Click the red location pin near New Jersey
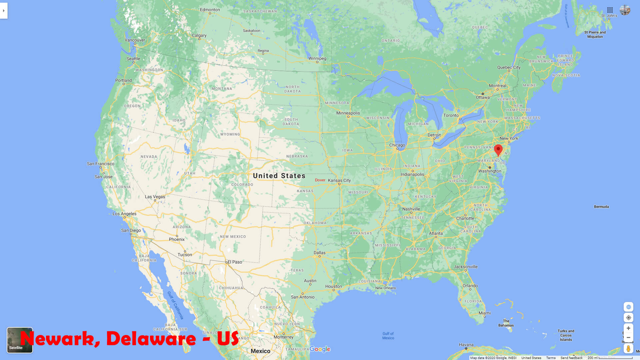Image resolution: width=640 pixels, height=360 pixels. click(x=498, y=150)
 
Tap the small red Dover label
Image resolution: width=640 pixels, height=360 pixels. click(x=320, y=180)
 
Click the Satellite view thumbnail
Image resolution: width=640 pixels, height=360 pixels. click(x=20, y=340)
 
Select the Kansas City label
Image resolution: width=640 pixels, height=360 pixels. click(x=339, y=180)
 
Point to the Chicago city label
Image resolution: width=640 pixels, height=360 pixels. click(x=397, y=145)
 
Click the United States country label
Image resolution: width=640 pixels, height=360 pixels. click(x=279, y=176)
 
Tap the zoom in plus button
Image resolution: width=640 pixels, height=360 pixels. click(x=628, y=328)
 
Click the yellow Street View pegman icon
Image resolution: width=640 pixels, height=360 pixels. click(x=628, y=349)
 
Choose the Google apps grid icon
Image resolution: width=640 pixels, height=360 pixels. click(x=610, y=10)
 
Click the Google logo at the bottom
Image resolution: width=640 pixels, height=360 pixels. click(x=320, y=349)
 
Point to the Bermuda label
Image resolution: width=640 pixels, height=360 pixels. click(x=601, y=207)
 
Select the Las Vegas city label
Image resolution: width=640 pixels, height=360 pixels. click(x=155, y=197)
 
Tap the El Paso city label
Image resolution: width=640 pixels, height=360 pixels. click(x=235, y=262)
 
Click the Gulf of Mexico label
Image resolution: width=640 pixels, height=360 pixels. click(x=388, y=336)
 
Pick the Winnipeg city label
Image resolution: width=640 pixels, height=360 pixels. click(x=317, y=58)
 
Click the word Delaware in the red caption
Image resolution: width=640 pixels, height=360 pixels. click(x=151, y=339)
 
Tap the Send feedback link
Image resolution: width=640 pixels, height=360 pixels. click(x=571, y=358)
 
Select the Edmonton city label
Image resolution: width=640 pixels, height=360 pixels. click(x=210, y=10)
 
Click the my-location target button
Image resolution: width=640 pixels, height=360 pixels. click(x=628, y=318)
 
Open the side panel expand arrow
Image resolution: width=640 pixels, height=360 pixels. click(x=4, y=11)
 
